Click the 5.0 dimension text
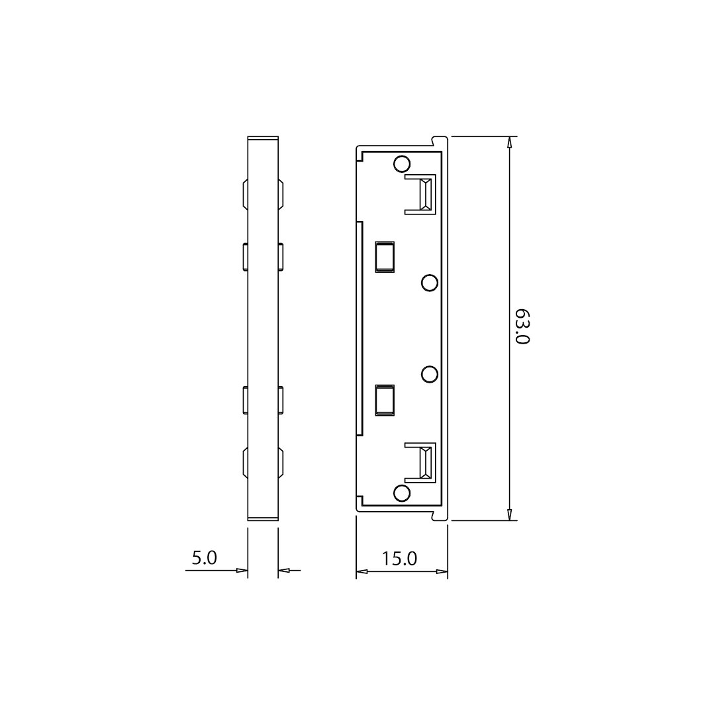204,557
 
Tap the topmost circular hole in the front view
401,164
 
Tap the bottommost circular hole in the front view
401,493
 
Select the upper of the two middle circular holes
430,283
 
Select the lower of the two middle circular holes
430,374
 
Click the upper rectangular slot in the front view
385,257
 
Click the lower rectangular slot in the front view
385,400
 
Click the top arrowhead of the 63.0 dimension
509,142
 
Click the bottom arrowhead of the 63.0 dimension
509,514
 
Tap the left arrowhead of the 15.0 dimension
361,571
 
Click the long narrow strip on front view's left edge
359,328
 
